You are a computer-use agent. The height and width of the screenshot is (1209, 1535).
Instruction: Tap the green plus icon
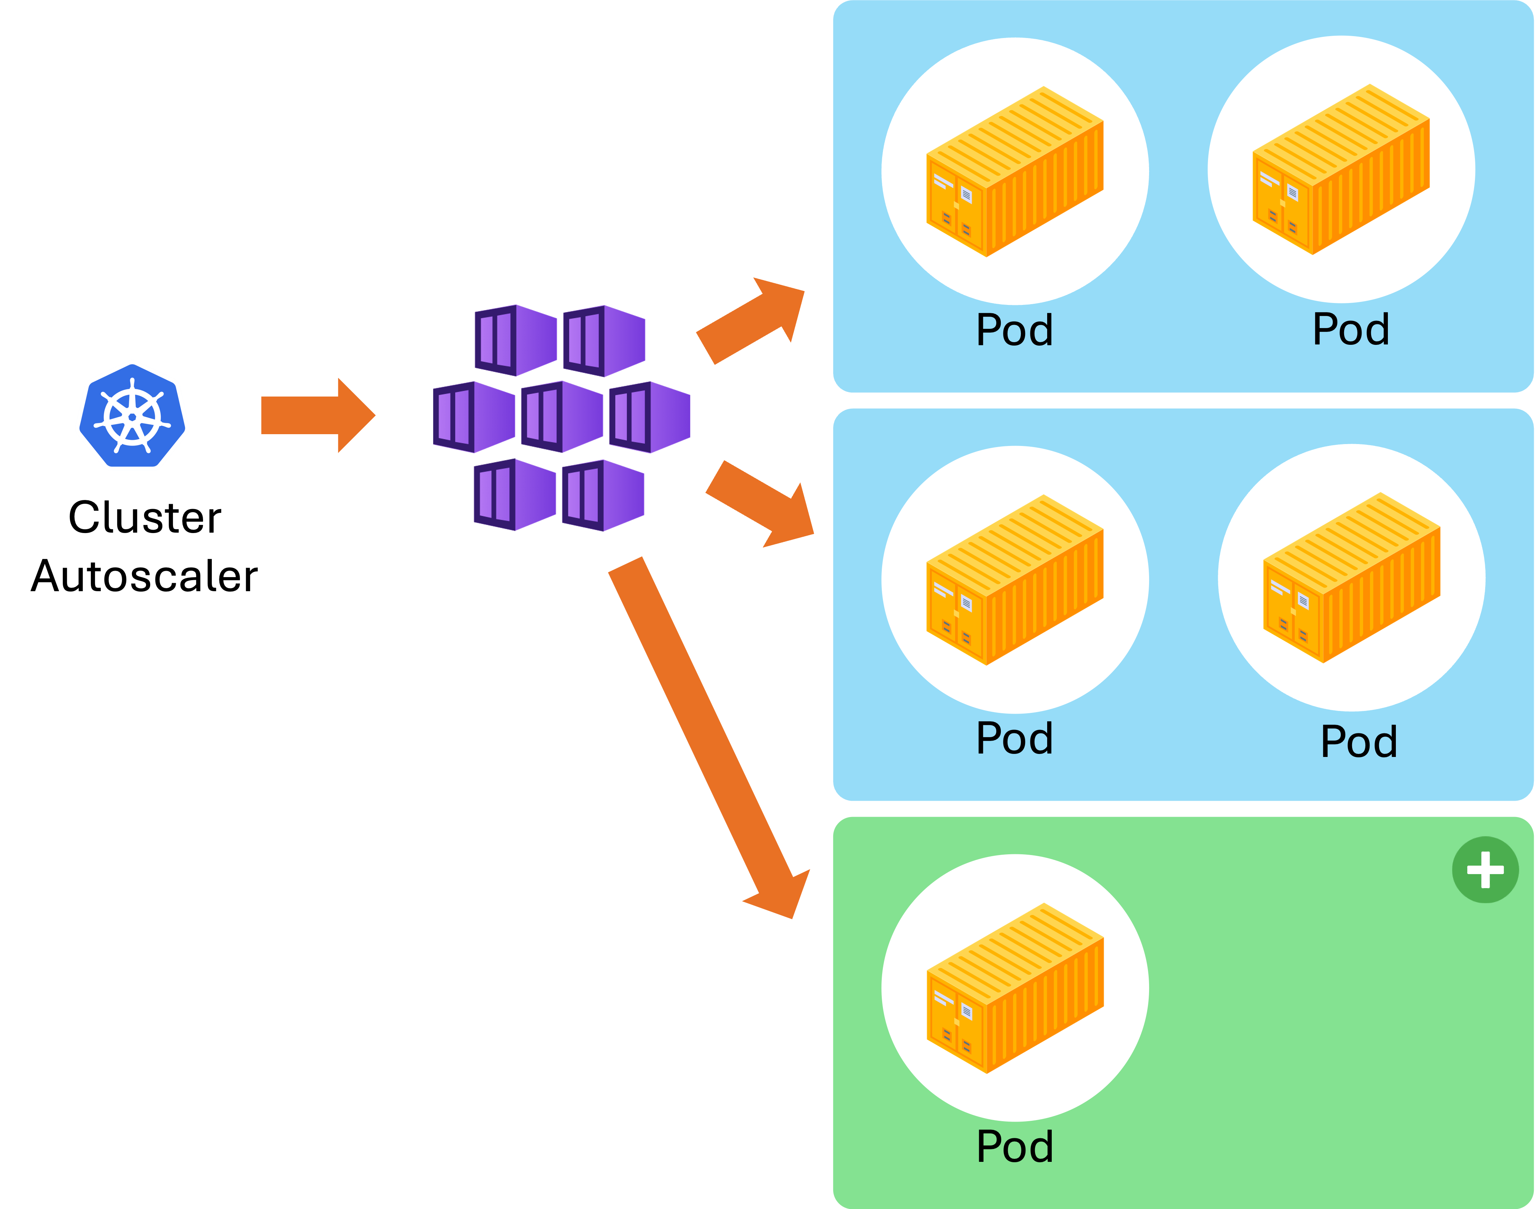click(1485, 870)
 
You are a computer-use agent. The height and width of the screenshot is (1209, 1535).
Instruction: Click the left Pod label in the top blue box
click(1014, 330)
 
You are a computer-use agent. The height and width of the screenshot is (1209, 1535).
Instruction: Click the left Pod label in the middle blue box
click(1014, 738)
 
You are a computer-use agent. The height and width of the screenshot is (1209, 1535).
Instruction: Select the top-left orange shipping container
click(1014, 172)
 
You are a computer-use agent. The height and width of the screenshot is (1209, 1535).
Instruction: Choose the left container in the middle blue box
click(1014, 581)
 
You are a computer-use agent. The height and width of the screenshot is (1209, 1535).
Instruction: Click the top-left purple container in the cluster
click(504, 341)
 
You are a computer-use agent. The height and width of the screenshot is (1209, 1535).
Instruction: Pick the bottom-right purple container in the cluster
click(593, 495)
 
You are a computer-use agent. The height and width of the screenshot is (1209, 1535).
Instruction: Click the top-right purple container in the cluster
click(593, 341)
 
